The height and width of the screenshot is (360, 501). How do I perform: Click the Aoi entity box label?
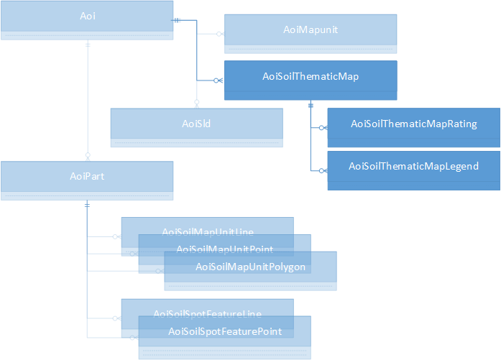pos(87,15)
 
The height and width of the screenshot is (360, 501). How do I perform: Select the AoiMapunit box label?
pos(311,29)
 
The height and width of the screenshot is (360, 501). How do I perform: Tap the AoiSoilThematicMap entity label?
pos(311,75)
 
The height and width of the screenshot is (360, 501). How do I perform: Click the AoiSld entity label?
pos(196,124)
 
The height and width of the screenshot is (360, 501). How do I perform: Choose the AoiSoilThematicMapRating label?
pos(413,124)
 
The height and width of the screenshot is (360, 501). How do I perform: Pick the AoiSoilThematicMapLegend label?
pos(413,166)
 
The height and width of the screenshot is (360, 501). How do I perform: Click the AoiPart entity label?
pos(87,175)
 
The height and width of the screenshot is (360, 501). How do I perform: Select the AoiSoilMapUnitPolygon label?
pos(251,267)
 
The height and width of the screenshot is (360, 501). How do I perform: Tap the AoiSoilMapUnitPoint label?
pos(224,249)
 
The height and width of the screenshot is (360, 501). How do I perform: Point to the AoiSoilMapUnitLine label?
pos(207,231)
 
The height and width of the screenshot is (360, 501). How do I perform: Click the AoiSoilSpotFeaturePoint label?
pos(224,331)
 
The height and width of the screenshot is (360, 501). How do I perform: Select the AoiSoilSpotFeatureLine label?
pos(207,313)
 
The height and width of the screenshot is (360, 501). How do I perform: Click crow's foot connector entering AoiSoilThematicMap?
pos(219,80)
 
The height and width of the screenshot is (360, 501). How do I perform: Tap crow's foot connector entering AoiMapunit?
pos(220,33)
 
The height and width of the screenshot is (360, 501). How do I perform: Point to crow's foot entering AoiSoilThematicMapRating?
pos(323,128)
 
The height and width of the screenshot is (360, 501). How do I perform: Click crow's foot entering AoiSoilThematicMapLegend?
pos(323,170)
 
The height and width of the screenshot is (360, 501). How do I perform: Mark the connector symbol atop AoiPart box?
pos(87,155)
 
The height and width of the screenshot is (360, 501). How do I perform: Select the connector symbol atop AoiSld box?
pos(196,103)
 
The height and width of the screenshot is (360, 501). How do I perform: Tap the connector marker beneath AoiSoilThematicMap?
pos(311,105)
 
